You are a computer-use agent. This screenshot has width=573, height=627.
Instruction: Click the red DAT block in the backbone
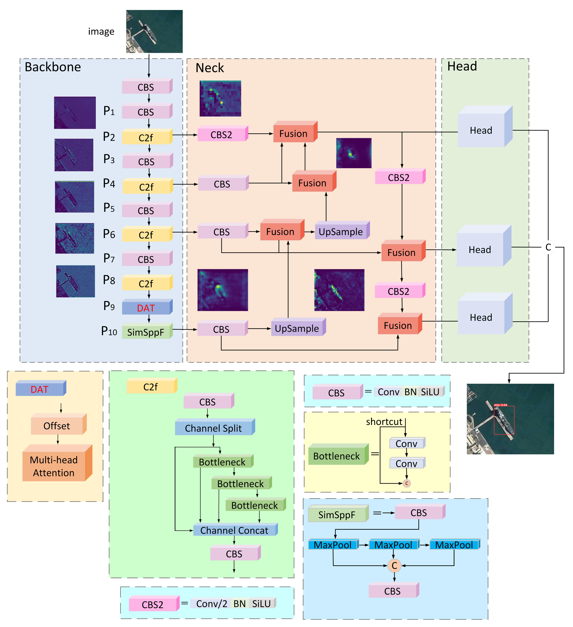click(146, 308)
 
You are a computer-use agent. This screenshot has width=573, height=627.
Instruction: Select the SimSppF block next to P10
click(146, 332)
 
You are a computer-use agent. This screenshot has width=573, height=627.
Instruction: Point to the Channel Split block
click(214, 428)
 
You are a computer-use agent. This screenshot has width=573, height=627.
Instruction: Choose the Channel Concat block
click(234, 530)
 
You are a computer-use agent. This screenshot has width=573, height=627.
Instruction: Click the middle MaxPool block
click(393, 545)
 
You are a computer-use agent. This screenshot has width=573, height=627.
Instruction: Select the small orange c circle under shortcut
click(406, 483)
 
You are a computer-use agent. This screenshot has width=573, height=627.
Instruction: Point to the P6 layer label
click(109, 234)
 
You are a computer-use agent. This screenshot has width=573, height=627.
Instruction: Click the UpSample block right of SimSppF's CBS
click(297, 328)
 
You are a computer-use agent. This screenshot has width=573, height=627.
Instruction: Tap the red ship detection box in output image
click(504, 420)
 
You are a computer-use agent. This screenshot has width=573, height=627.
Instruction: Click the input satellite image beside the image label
click(154, 31)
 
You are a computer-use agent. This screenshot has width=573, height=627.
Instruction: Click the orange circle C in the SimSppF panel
click(394, 565)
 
